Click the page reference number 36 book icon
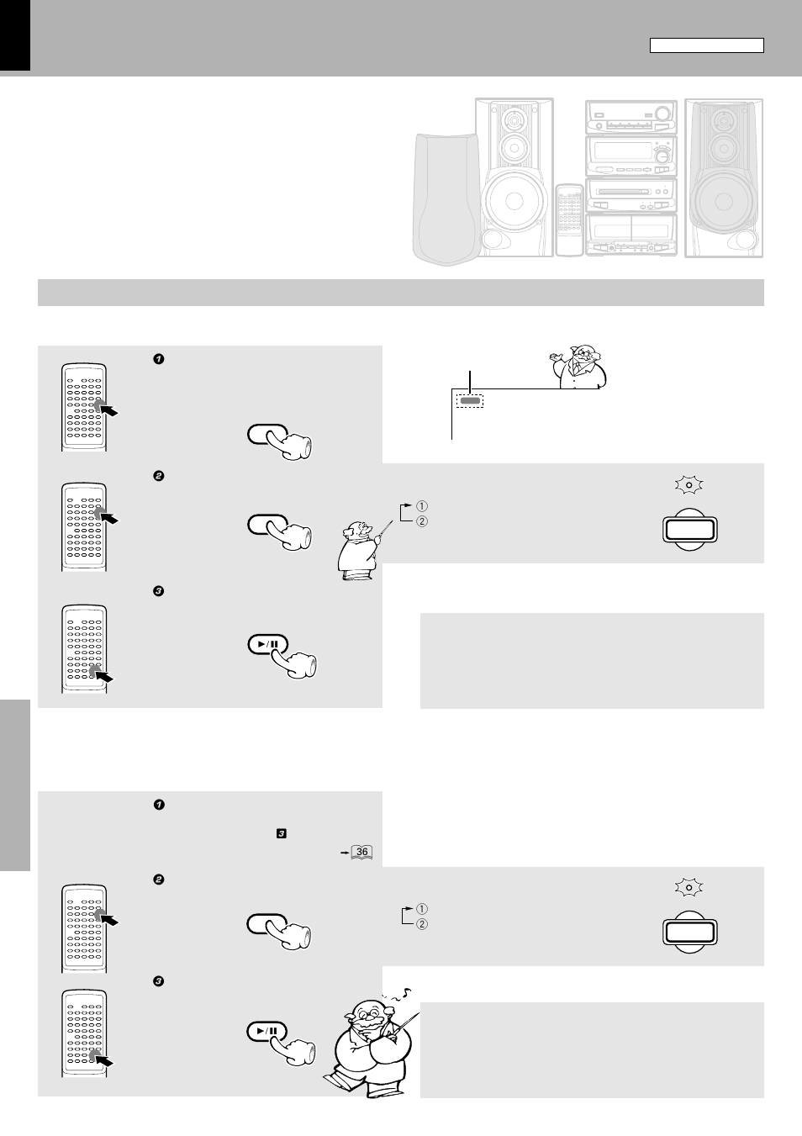pyautogui.click(x=361, y=852)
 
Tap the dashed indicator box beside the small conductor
pyautogui.click(x=470, y=401)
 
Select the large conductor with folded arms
pyautogui.click(x=370, y=1044)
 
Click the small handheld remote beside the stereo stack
pyautogui.click(x=568, y=220)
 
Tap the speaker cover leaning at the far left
pyautogui.click(x=445, y=198)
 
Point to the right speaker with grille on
pyautogui.click(x=724, y=177)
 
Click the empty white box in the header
pyautogui.click(x=706, y=45)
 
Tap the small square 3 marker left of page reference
pyautogui.click(x=281, y=833)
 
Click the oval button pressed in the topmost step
pyautogui.click(x=268, y=434)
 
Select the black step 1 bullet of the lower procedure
pyautogui.click(x=158, y=805)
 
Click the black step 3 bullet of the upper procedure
pyautogui.click(x=158, y=591)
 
